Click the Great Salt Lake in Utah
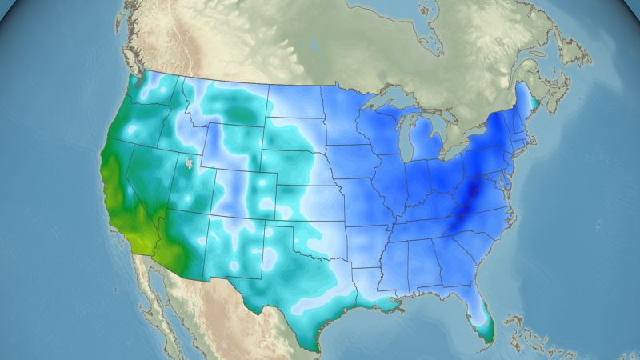189,163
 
